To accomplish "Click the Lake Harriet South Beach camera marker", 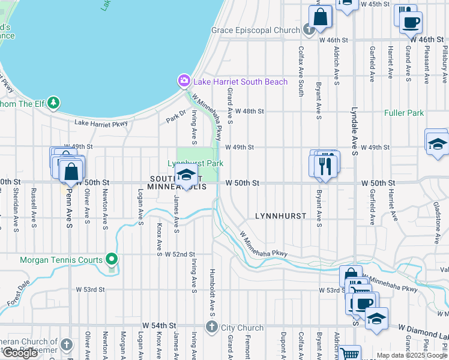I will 184,80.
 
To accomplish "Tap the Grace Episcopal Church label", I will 255,30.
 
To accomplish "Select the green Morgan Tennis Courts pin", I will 111,260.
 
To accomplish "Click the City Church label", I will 241,328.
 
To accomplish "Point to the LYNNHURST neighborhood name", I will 280,215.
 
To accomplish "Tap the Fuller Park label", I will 404,113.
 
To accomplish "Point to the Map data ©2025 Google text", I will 412,355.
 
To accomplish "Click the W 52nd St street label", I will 179,254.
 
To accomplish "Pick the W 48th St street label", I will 249,112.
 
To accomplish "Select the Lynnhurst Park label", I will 195,163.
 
